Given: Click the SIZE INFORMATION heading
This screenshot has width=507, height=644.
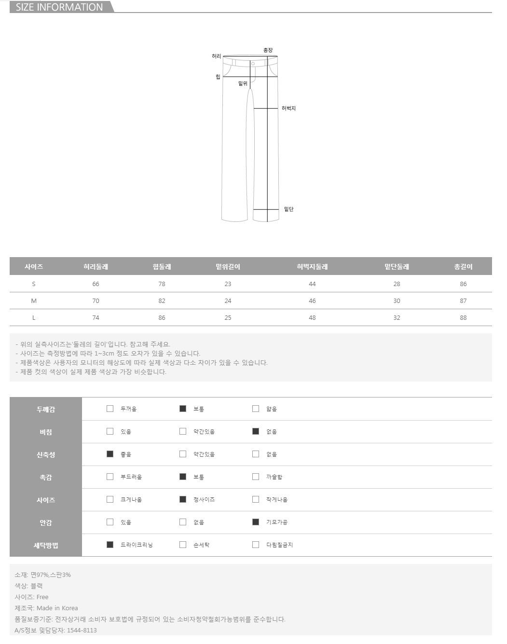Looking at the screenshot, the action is click(x=59, y=7).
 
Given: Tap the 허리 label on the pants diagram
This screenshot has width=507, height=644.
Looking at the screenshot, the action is click(x=216, y=56).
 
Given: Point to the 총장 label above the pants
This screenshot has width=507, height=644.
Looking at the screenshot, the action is click(x=268, y=50).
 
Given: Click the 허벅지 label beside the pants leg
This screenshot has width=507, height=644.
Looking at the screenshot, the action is click(x=288, y=108).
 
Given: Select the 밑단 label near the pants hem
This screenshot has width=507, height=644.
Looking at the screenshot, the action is click(x=288, y=209).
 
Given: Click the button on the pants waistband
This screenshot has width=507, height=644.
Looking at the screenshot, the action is click(x=253, y=64).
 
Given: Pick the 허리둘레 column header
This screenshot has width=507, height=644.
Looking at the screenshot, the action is click(x=96, y=266).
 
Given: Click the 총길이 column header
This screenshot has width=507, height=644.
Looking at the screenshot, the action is click(x=463, y=266).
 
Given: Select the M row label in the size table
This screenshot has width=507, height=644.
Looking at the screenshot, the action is click(x=34, y=301).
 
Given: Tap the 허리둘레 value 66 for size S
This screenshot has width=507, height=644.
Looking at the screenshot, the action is click(x=96, y=284).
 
